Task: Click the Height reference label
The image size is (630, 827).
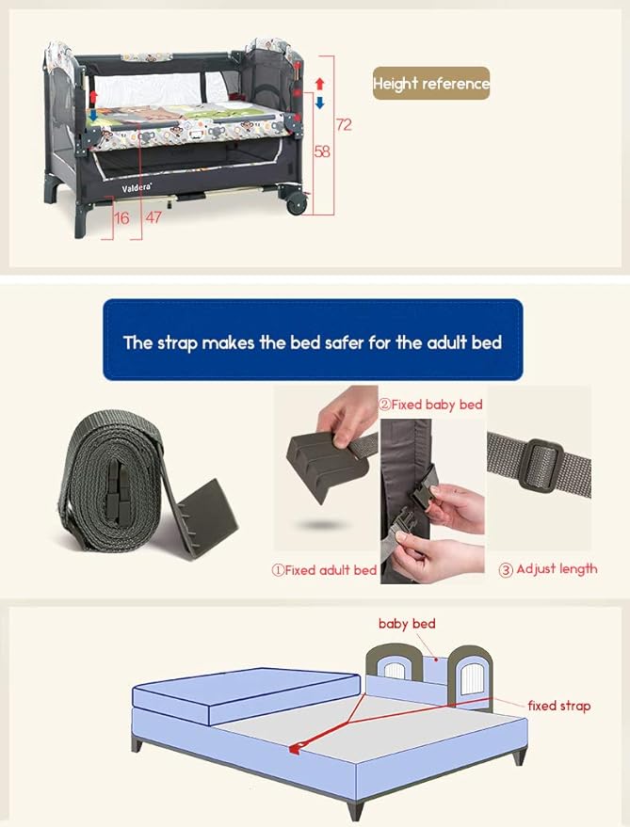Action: coord(431,84)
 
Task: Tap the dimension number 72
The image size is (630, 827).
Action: coord(344,124)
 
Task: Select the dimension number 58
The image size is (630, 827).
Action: coord(322,151)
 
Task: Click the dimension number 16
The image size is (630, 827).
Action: coord(121,216)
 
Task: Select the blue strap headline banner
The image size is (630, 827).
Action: coord(313,341)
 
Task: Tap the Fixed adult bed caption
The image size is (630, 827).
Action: coord(324,570)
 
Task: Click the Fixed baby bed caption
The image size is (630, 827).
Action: coord(430,405)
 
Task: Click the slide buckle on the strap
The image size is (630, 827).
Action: coord(540,464)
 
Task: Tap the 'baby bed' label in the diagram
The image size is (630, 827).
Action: coord(407,624)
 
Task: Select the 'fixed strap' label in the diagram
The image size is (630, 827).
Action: coord(559,706)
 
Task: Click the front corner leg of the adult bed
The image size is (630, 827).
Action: coord(354,808)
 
